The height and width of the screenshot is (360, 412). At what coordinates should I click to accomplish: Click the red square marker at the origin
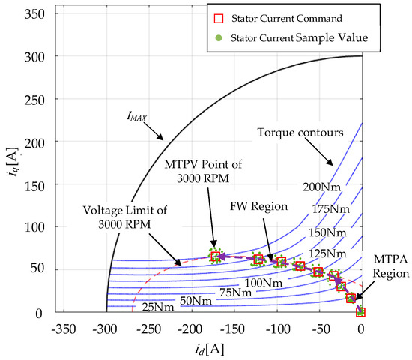(361, 310)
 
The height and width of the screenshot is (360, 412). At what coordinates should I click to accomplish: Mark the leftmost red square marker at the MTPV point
(216, 257)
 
